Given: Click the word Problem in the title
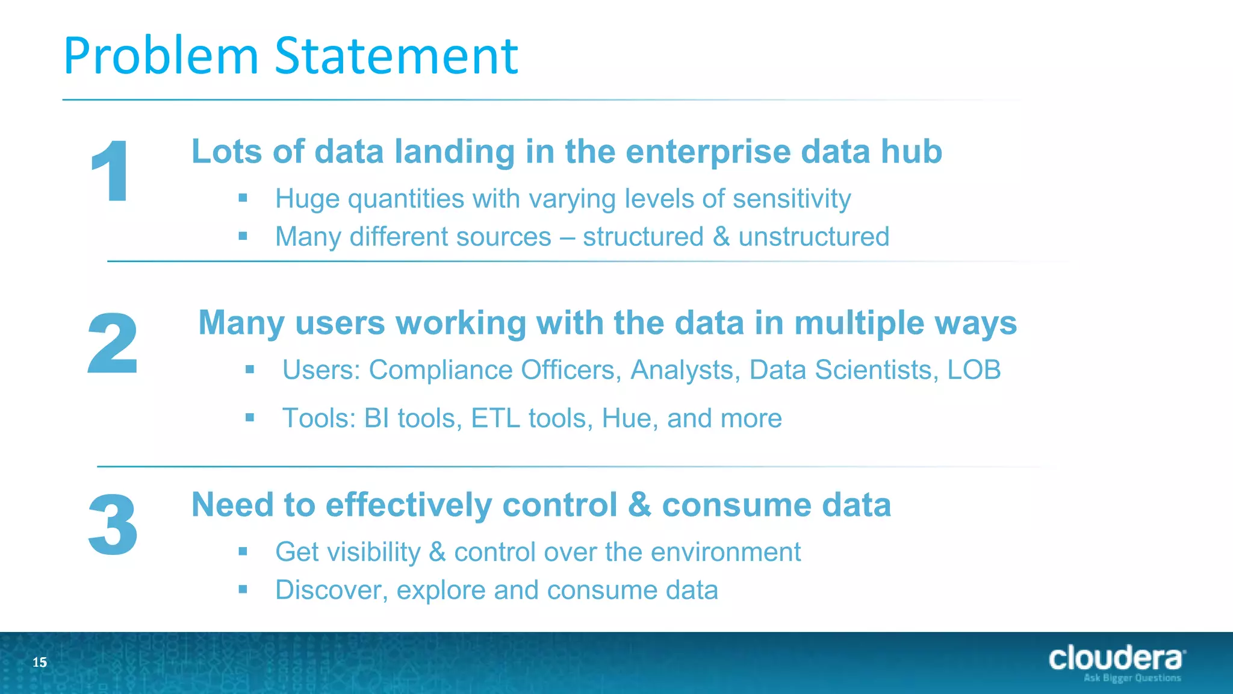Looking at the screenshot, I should coord(161,56).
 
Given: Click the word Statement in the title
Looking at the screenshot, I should coord(396,56).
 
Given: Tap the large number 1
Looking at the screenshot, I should coord(110,171).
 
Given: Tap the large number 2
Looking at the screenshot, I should coord(113,344).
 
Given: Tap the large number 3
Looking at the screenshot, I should coord(113,525).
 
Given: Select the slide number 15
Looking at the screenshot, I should coord(40,663).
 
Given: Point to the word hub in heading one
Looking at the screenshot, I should coord(912,151).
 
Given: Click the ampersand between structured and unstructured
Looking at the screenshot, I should coord(721,237).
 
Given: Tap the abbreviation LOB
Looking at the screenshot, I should coord(974,370).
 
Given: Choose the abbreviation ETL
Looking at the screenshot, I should coord(495,418).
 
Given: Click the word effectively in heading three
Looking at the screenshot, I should coord(409,505).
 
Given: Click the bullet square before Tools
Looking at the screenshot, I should coord(250,417).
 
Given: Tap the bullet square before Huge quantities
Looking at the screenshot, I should coord(243,198).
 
